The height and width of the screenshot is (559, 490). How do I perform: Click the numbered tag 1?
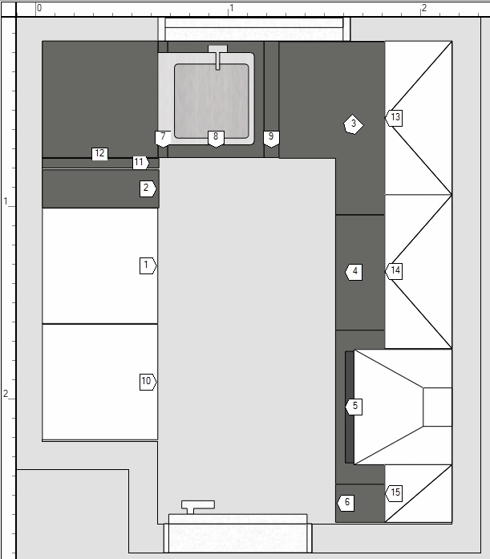148,265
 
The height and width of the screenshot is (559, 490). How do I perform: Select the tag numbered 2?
148,188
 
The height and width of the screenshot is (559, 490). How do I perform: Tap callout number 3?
353,124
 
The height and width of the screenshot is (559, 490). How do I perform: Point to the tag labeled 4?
354,272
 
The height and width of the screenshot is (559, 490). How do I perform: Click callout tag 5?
354,407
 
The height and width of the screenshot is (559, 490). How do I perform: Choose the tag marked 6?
346,503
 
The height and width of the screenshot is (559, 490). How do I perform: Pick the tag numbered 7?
163,139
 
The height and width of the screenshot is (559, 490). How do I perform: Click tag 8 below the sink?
216,139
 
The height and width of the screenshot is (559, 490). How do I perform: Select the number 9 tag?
271,139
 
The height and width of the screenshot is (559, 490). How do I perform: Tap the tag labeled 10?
148,382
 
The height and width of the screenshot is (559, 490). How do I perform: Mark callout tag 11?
141,163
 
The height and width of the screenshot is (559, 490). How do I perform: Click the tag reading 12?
99,154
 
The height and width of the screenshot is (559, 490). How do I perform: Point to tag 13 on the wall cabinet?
394,118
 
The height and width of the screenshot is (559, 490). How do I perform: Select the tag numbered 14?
394,271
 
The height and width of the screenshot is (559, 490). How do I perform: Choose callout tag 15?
394,493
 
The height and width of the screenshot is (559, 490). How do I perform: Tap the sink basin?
212,101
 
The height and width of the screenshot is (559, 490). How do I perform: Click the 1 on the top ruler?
232,8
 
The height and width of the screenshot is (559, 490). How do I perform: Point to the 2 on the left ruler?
6,394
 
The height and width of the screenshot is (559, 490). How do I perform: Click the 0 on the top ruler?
39,8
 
